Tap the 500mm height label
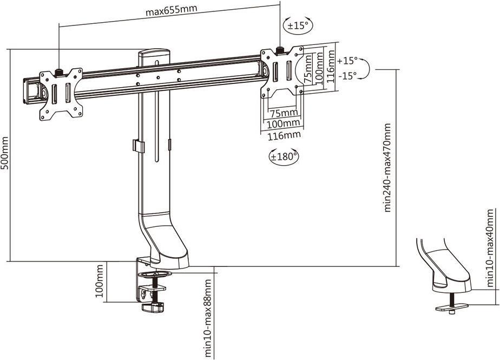(5, 154)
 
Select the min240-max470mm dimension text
(387, 168)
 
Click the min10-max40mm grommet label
(490, 248)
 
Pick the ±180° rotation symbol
(284, 156)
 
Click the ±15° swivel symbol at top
(298, 25)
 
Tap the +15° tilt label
(347, 60)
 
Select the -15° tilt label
(347, 76)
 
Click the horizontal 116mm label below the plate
(284, 135)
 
